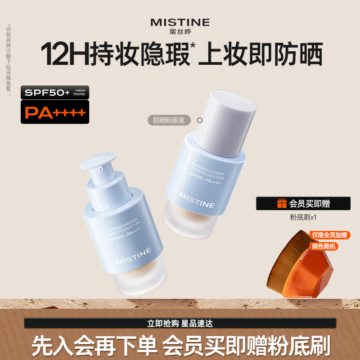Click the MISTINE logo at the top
coord(180,22)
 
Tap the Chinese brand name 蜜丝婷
coord(180,31)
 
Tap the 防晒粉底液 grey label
coord(169,120)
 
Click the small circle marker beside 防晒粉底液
coord(200,120)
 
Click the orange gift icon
coord(282,203)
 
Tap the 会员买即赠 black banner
coord(304,203)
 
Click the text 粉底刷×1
coord(304,217)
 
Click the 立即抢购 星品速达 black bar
coord(180,323)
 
